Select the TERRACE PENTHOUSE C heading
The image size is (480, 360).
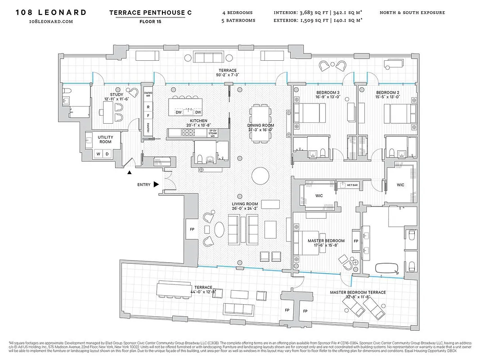[150, 13]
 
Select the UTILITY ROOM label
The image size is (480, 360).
[106, 139]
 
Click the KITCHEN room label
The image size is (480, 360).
[198, 121]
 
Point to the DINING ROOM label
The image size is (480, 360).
[260, 126]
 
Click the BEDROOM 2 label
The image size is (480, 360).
[388, 92]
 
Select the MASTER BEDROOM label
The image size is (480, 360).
[326, 241]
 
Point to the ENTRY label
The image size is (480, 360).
[144, 184]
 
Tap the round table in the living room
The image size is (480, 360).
[260, 176]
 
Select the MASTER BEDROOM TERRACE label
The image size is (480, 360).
[358, 292]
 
